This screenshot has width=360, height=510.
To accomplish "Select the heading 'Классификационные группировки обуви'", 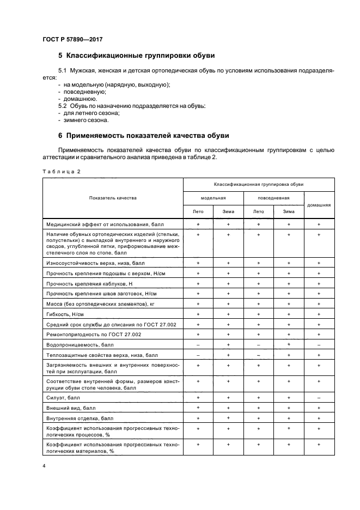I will point(139,56).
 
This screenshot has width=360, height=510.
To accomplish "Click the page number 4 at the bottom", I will point(44,466).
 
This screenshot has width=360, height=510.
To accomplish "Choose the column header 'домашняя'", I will point(319,205).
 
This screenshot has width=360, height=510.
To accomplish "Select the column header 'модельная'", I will point(213,198).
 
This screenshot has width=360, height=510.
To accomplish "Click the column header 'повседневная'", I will point(273,198).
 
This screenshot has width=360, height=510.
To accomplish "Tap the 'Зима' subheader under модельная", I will point(228,211).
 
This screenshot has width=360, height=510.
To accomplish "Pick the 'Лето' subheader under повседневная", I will point(259,211).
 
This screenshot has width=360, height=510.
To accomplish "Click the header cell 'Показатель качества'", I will point(113,198).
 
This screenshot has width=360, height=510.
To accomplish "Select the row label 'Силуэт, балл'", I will point(63,398).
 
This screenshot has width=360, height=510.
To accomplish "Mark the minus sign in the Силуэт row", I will point(319,398).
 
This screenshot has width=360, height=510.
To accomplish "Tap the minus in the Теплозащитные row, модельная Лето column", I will point(198,355).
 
